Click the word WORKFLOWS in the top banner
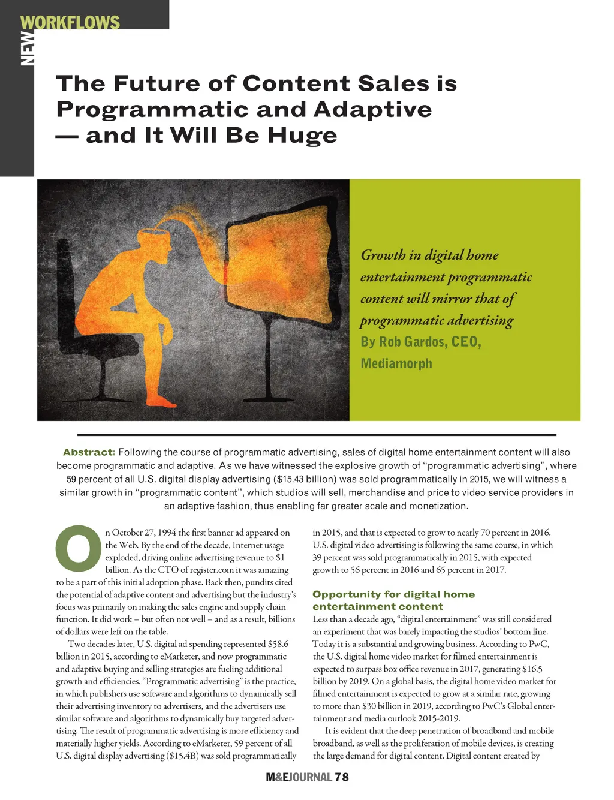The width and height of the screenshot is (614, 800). point(70,23)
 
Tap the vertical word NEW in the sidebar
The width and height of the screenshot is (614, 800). point(28,48)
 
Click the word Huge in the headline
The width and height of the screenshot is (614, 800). point(302,136)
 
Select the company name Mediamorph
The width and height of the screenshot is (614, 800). point(396,363)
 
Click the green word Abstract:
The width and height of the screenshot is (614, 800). point(89,452)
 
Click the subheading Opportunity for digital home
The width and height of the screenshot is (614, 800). point(393,594)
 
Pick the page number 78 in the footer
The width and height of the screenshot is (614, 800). point(342,777)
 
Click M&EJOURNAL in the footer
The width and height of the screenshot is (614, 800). point(299,777)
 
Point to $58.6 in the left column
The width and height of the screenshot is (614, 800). point(278,644)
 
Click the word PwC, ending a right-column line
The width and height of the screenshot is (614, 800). point(539,644)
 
